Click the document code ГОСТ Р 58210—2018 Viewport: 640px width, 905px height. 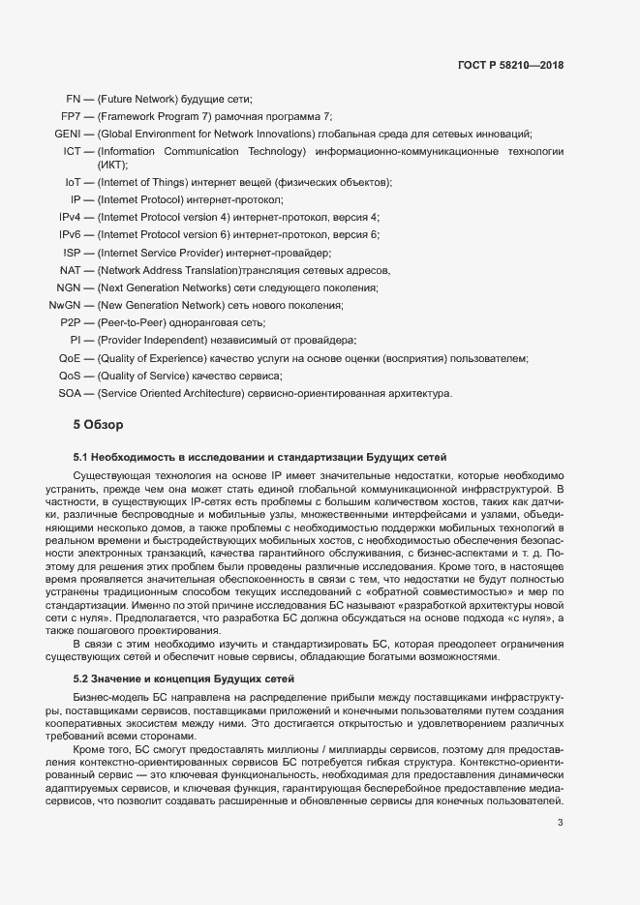point(509,66)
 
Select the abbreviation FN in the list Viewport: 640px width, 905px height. point(72,99)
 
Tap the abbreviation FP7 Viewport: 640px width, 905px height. point(70,116)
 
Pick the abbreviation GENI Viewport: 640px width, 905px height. point(67,134)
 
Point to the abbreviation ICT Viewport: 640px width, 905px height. point(72,152)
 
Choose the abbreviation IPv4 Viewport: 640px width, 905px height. point(70,217)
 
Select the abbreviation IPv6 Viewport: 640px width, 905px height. point(70,234)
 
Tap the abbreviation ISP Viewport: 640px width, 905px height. point(72,252)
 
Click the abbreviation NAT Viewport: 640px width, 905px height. point(70,270)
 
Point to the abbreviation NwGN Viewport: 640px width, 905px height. point(65,305)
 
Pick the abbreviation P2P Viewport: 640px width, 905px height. point(70,322)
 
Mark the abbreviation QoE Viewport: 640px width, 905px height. point(70,358)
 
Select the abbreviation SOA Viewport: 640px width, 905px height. point(70,393)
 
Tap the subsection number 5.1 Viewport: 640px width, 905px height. point(81,457)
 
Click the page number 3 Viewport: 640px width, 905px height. point(560,824)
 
